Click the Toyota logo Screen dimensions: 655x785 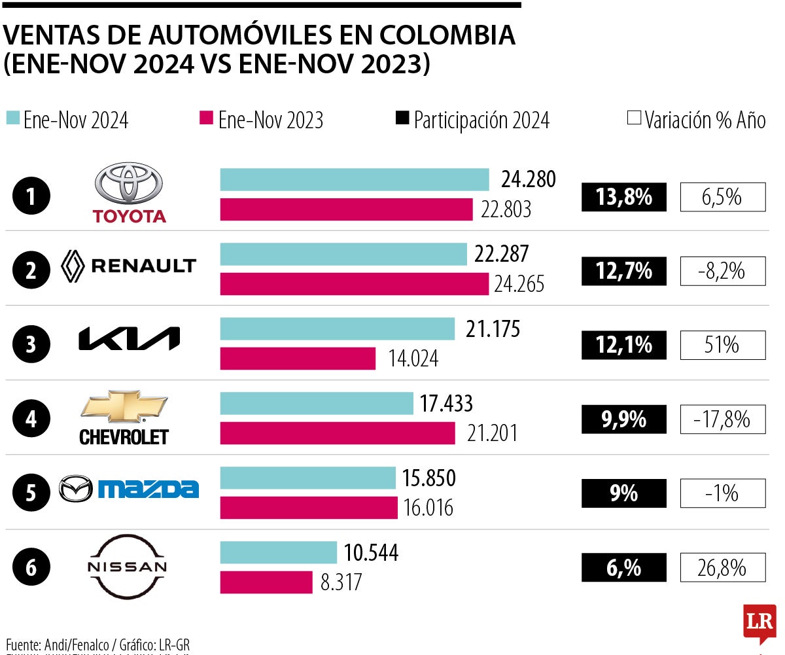click(129, 193)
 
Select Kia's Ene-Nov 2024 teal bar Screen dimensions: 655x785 click(337, 329)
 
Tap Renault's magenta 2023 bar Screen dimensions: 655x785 click(354, 284)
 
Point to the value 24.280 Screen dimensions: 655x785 click(528, 179)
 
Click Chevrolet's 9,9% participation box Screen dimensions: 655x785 click(623, 419)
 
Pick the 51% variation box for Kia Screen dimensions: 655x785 click(722, 345)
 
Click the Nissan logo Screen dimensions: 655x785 click(127, 567)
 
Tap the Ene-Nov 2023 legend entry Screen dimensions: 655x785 click(262, 120)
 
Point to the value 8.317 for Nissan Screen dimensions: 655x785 click(341, 582)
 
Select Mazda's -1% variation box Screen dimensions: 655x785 click(722, 493)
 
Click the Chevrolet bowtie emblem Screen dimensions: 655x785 click(124, 407)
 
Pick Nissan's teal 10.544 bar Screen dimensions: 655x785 click(278, 553)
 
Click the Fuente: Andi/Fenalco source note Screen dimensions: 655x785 click(97, 643)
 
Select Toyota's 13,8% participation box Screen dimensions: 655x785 click(623, 197)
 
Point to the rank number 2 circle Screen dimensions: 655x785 click(31, 271)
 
